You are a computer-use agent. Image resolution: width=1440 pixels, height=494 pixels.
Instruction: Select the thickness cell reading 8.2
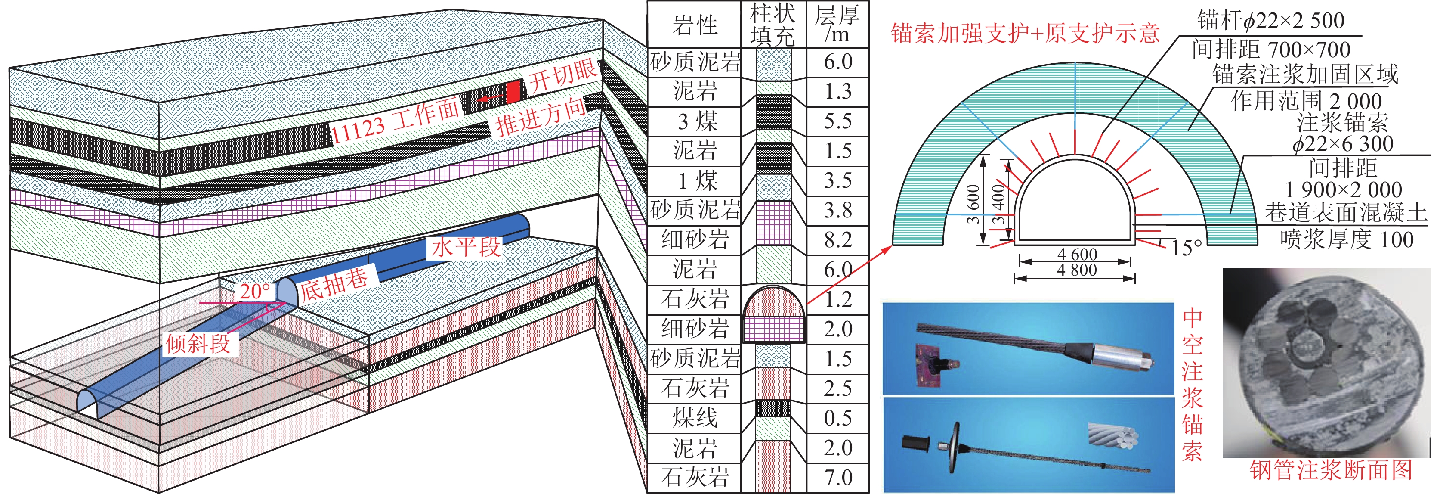pos(837,240)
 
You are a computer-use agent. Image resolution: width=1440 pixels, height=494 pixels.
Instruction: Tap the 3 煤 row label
pos(695,121)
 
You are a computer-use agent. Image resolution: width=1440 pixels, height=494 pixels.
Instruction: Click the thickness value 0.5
pos(837,418)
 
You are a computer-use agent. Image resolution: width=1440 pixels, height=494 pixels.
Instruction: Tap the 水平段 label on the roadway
pos(465,247)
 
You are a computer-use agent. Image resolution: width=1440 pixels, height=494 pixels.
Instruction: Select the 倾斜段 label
pos(198,343)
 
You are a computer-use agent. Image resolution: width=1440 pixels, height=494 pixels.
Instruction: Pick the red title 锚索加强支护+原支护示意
pos(1025,34)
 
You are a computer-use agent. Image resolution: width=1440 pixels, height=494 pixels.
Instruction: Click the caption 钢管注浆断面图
pos(1330,470)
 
